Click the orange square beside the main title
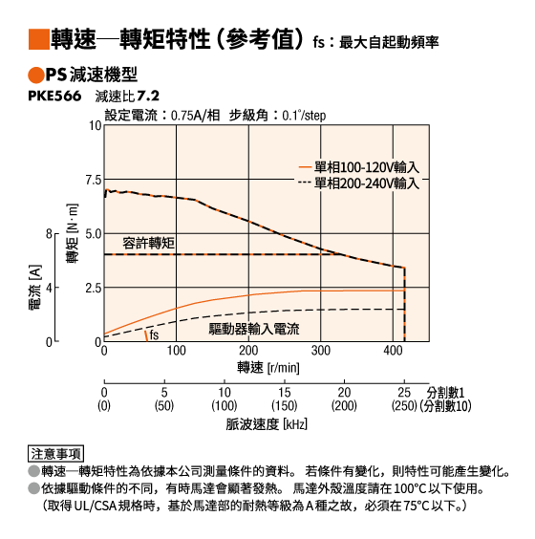39,39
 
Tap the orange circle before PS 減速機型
35,75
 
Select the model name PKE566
54,96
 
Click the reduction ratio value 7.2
148,96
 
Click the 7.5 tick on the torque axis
94,180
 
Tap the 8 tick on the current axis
49,234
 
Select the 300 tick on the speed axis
321,351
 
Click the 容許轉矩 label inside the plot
148,244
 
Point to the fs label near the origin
154,334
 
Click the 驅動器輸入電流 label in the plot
254,329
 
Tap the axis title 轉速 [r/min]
268,368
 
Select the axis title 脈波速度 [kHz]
267,424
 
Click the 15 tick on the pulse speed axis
284,393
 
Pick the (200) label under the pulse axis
344,406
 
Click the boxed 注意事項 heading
55,454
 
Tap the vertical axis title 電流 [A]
35,287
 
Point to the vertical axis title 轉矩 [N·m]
73,233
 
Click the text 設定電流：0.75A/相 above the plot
162,116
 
